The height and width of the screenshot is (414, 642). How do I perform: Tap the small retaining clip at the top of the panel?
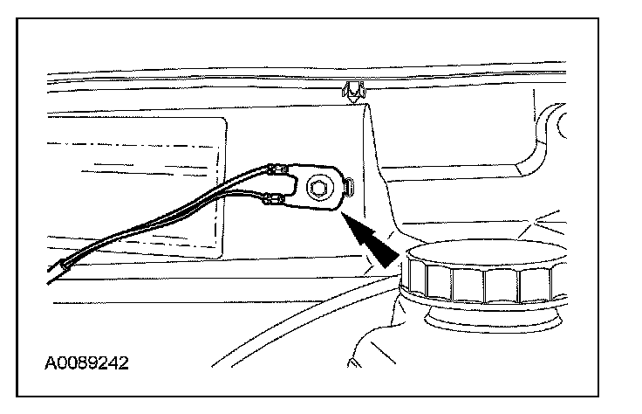click(352, 90)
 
